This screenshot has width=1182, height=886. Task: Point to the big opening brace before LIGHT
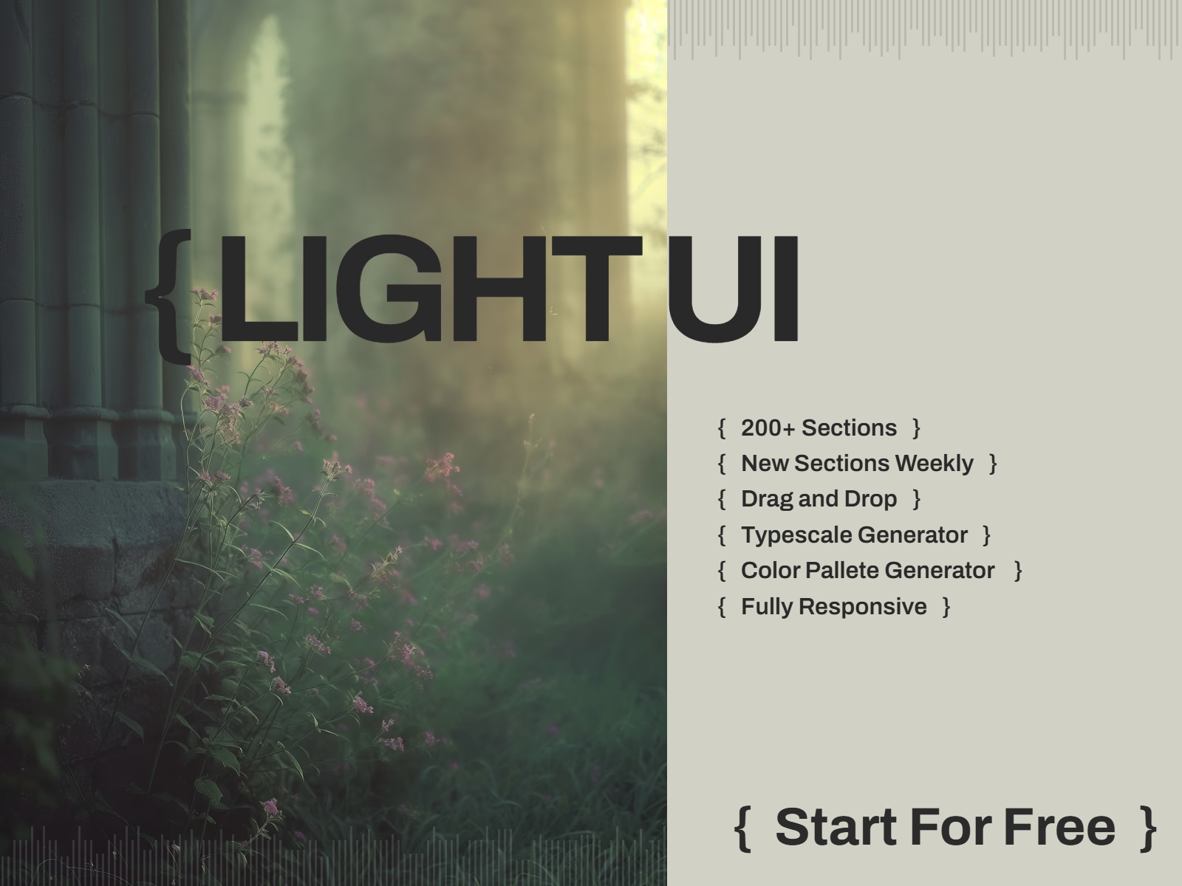pos(168,295)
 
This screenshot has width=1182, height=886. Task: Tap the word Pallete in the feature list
pos(841,570)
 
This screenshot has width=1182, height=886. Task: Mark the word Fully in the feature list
pos(768,606)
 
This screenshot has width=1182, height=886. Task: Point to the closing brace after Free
pos(1148,828)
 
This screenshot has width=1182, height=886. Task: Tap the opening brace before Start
pos(742,828)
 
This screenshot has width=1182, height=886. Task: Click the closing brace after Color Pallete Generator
pos(1018,570)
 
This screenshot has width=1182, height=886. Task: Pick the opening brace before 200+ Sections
pos(722,427)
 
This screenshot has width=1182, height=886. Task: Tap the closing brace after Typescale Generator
pos(987,535)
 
